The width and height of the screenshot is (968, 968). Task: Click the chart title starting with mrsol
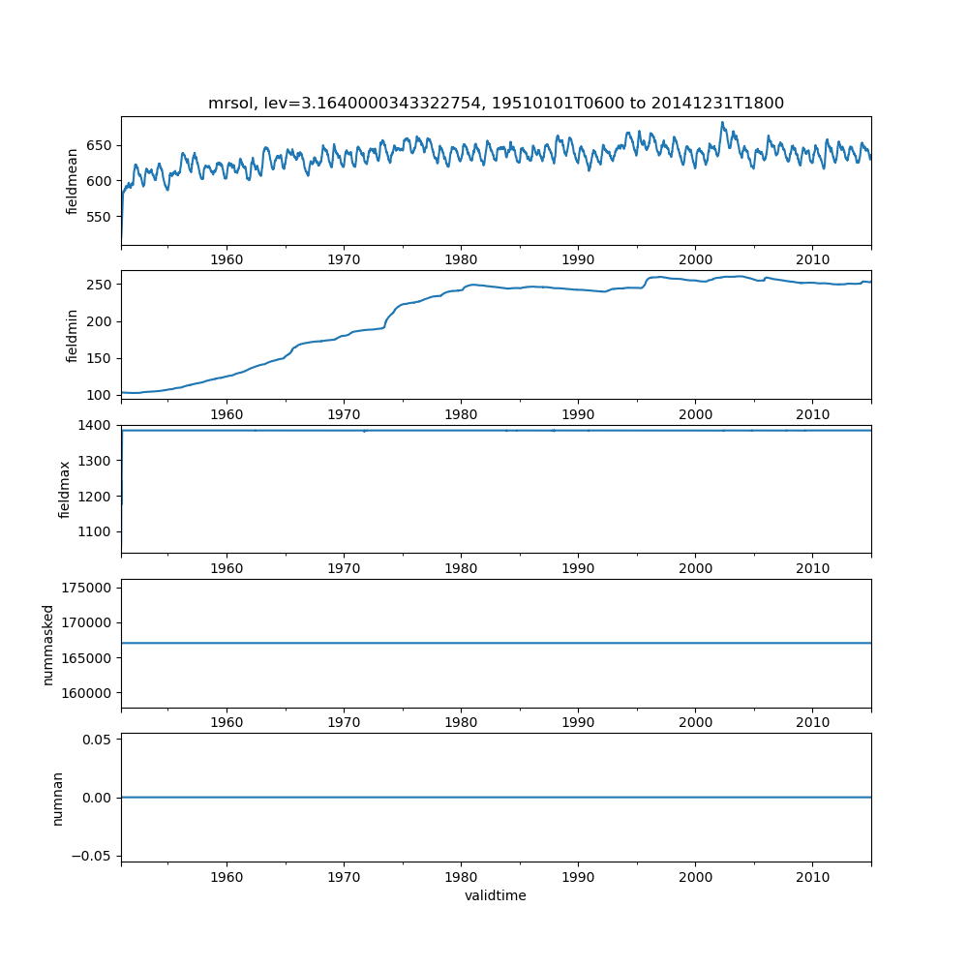[496, 103]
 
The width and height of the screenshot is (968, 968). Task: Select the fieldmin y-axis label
[72, 335]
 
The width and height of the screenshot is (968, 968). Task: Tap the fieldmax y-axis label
[65, 489]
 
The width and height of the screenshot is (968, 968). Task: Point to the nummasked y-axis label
[47, 644]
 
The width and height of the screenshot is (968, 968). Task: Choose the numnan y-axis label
[57, 798]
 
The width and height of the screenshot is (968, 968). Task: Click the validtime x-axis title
[496, 896]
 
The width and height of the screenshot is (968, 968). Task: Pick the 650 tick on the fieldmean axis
[101, 145]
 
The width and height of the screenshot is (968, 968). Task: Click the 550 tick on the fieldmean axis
[101, 219]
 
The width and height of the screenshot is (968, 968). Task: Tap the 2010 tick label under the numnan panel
[812, 876]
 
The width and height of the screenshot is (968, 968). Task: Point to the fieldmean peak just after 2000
[722, 123]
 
